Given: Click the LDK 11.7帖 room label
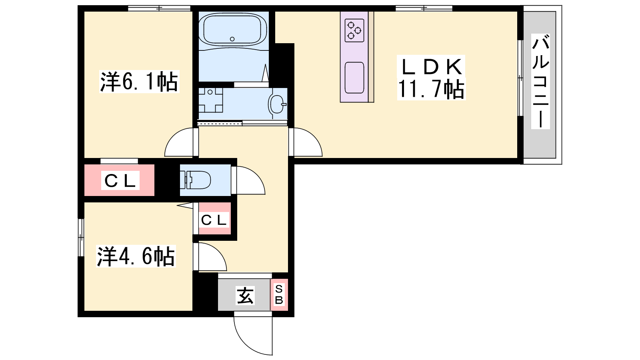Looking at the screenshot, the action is (x=431, y=78).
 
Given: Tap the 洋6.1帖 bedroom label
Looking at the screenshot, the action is (x=139, y=82).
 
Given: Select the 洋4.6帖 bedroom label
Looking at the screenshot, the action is (x=136, y=256).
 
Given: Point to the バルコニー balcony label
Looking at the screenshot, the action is (x=540, y=82).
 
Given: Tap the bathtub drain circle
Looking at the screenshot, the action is (x=232, y=39).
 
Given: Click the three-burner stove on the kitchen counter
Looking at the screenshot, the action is (x=354, y=30).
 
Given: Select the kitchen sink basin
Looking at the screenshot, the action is (x=354, y=78).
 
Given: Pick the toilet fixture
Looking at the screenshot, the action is (x=195, y=180).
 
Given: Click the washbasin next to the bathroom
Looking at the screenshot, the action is (x=277, y=104).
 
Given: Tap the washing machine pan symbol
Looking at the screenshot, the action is (x=210, y=100).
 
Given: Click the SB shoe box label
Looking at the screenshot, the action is (x=279, y=294).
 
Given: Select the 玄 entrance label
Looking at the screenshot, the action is (x=245, y=296).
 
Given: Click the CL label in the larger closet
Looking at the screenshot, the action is (x=120, y=180).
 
